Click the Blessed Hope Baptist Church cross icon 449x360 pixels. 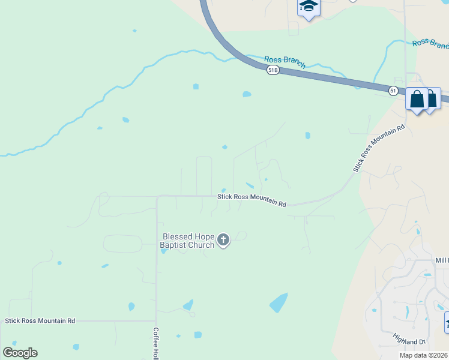223,241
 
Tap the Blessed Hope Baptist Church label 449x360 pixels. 187,241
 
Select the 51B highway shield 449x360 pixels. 273,70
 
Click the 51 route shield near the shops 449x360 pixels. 393,91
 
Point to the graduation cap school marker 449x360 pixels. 309,7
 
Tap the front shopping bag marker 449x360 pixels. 417,99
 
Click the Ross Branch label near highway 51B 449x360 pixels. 285,61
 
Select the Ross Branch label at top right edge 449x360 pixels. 430,44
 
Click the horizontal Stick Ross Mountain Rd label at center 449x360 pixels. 252,200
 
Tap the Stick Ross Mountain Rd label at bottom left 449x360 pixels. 40,321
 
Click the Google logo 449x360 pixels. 20,353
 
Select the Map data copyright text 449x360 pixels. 423,355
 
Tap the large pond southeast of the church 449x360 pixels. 279,302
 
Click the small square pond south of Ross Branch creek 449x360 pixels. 196,86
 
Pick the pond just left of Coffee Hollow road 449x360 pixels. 131,307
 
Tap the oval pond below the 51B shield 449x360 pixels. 246,94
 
